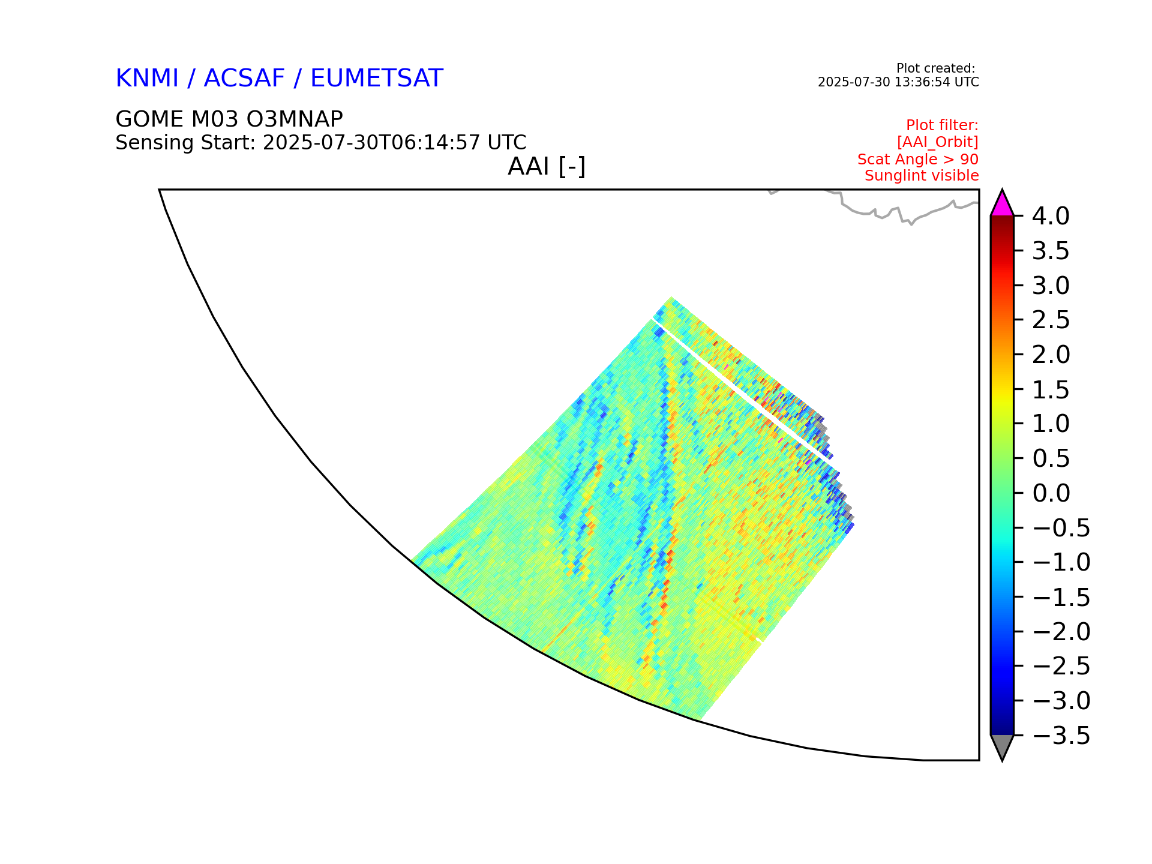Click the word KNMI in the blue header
point(147,79)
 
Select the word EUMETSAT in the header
point(377,79)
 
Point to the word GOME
point(150,119)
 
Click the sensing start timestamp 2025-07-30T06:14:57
point(371,143)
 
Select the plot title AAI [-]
point(547,167)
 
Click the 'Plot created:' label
point(935,68)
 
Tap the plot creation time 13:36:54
point(920,82)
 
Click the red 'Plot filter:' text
point(942,125)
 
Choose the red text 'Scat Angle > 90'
point(918,160)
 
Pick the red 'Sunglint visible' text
point(922,176)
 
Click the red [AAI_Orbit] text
point(938,142)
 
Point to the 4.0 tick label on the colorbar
point(1051,216)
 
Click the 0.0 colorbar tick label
point(1051,493)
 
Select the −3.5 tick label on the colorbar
point(1061,736)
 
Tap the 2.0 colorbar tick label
point(1051,355)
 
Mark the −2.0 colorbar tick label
point(1061,632)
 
